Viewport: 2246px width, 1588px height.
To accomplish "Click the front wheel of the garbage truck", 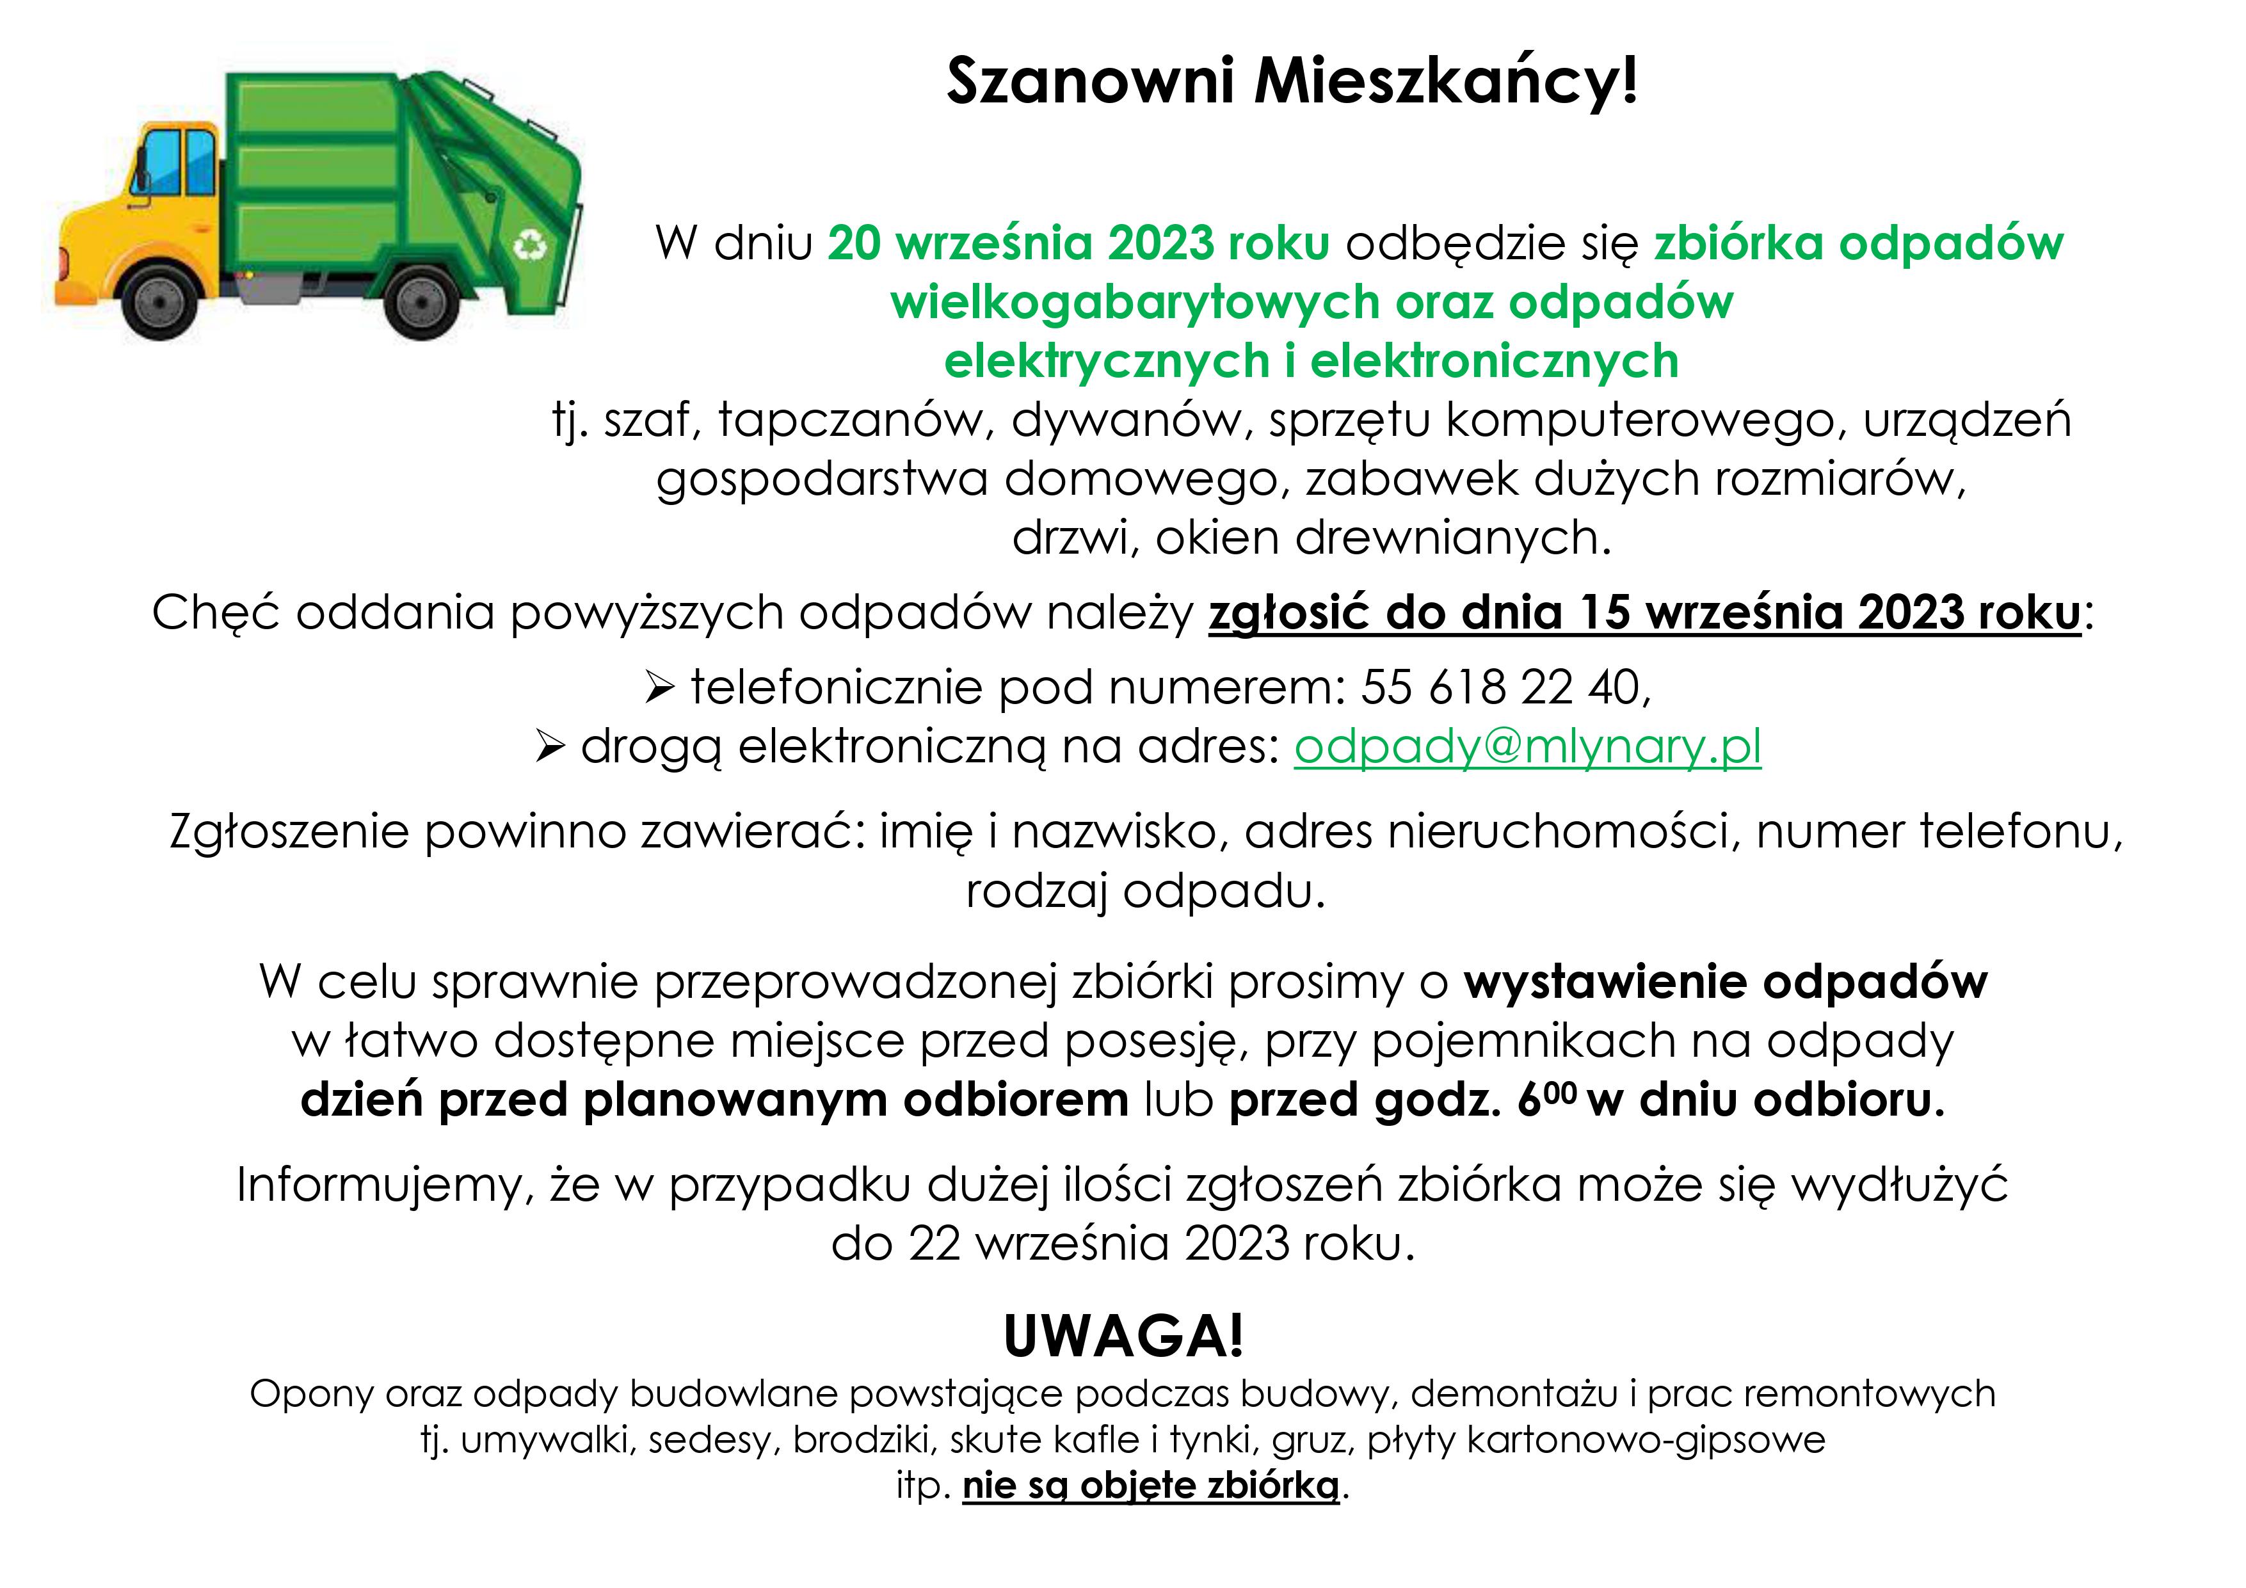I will coord(157,302).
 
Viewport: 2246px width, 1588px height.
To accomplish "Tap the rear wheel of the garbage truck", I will coord(422,302).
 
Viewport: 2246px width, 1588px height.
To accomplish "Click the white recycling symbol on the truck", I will coord(531,244).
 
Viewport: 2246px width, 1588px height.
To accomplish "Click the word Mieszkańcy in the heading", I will coord(1446,81).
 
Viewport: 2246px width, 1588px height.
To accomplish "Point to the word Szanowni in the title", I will coord(1091,81).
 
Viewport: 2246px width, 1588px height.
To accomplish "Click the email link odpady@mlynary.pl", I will coord(1527,748).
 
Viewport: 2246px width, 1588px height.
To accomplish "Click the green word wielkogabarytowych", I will coord(1135,302).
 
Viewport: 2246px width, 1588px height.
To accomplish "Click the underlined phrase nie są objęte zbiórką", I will coord(1150,1485).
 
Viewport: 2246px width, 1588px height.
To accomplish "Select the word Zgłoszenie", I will coord(289,833).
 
